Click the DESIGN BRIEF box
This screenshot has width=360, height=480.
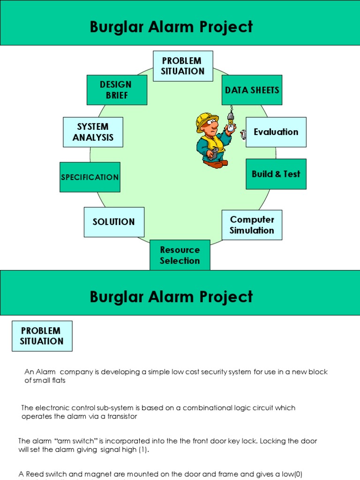click(x=117, y=90)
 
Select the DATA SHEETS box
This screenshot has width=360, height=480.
click(x=252, y=90)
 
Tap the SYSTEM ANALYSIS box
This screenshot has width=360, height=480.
click(x=93, y=132)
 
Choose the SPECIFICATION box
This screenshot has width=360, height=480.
click(x=90, y=177)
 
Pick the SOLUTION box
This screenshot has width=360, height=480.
click(x=114, y=222)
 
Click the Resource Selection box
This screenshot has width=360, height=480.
click(x=180, y=255)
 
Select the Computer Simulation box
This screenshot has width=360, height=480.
click(x=252, y=225)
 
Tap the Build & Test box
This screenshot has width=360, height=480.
click(x=276, y=174)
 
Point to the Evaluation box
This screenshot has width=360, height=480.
click(x=276, y=132)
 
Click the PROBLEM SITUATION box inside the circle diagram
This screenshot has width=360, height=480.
click(x=183, y=66)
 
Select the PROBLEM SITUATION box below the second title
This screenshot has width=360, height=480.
click(x=42, y=336)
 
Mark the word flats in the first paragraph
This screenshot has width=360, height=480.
click(x=57, y=381)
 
